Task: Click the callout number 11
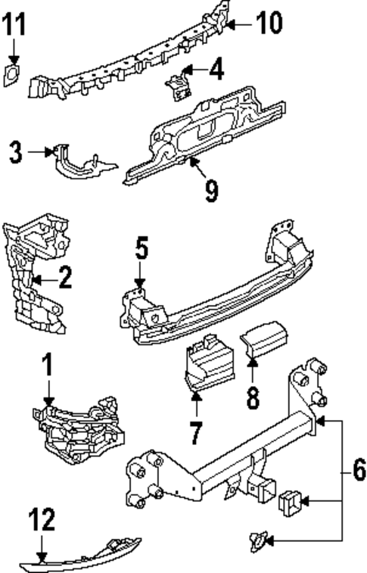[14, 25]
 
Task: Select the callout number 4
[217, 71]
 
